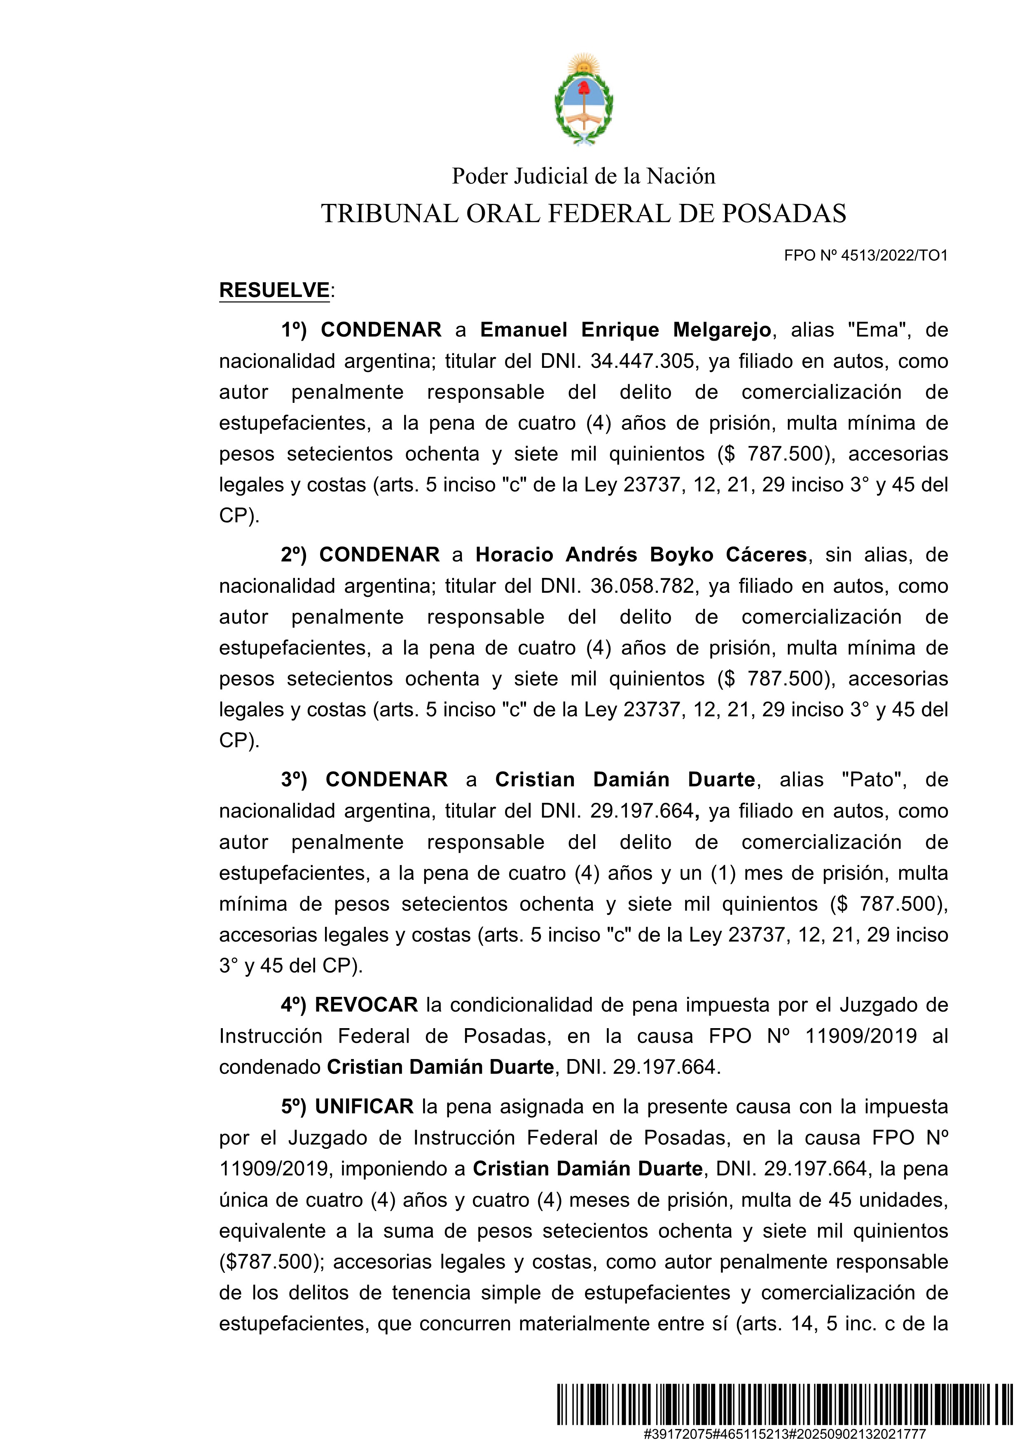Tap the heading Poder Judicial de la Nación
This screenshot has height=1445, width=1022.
(583, 176)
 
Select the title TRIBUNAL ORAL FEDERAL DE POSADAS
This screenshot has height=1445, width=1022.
(583, 214)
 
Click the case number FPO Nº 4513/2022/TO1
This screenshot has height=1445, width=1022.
(865, 255)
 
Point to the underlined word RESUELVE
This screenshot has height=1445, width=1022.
(274, 290)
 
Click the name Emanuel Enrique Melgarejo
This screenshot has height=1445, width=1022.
(626, 330)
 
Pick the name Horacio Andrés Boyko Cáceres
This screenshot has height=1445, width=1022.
(641, 554)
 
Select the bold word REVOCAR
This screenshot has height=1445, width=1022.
(366, 1004)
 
